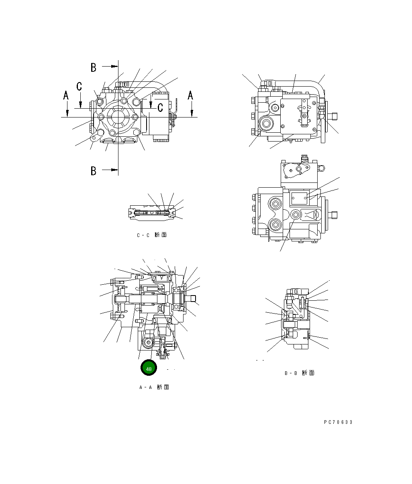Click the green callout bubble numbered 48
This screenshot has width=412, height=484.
pyautogui.click(x=149, y=369)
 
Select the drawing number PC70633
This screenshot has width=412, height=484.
pyautogui.click(x=338, y=422)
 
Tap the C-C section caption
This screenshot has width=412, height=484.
pyautogui.click(x=151, y=235)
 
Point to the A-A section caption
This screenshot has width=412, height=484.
pyautogui.click(x=154, y=387)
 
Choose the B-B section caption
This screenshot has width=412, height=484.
pyautogui.click(x=299, y=373)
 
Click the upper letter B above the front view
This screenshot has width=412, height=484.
pyautogui.click(x=94, y=67)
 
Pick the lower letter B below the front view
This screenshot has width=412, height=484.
pyautogui.click(x=94, y=171)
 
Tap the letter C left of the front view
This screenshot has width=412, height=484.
pyautogui.click(x=80, y=86)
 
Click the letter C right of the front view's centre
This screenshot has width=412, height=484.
pyautogui.click(x=160, y=107)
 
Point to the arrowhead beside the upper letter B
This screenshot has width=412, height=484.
pyautogui.click(x=114, y=66)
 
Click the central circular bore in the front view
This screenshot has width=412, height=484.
pyautogui.click(x=118, y=117)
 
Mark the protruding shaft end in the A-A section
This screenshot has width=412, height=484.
pyautogui.click(x=192, y=298)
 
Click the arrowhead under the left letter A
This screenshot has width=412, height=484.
pyautogui.click(x=67, y=114)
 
